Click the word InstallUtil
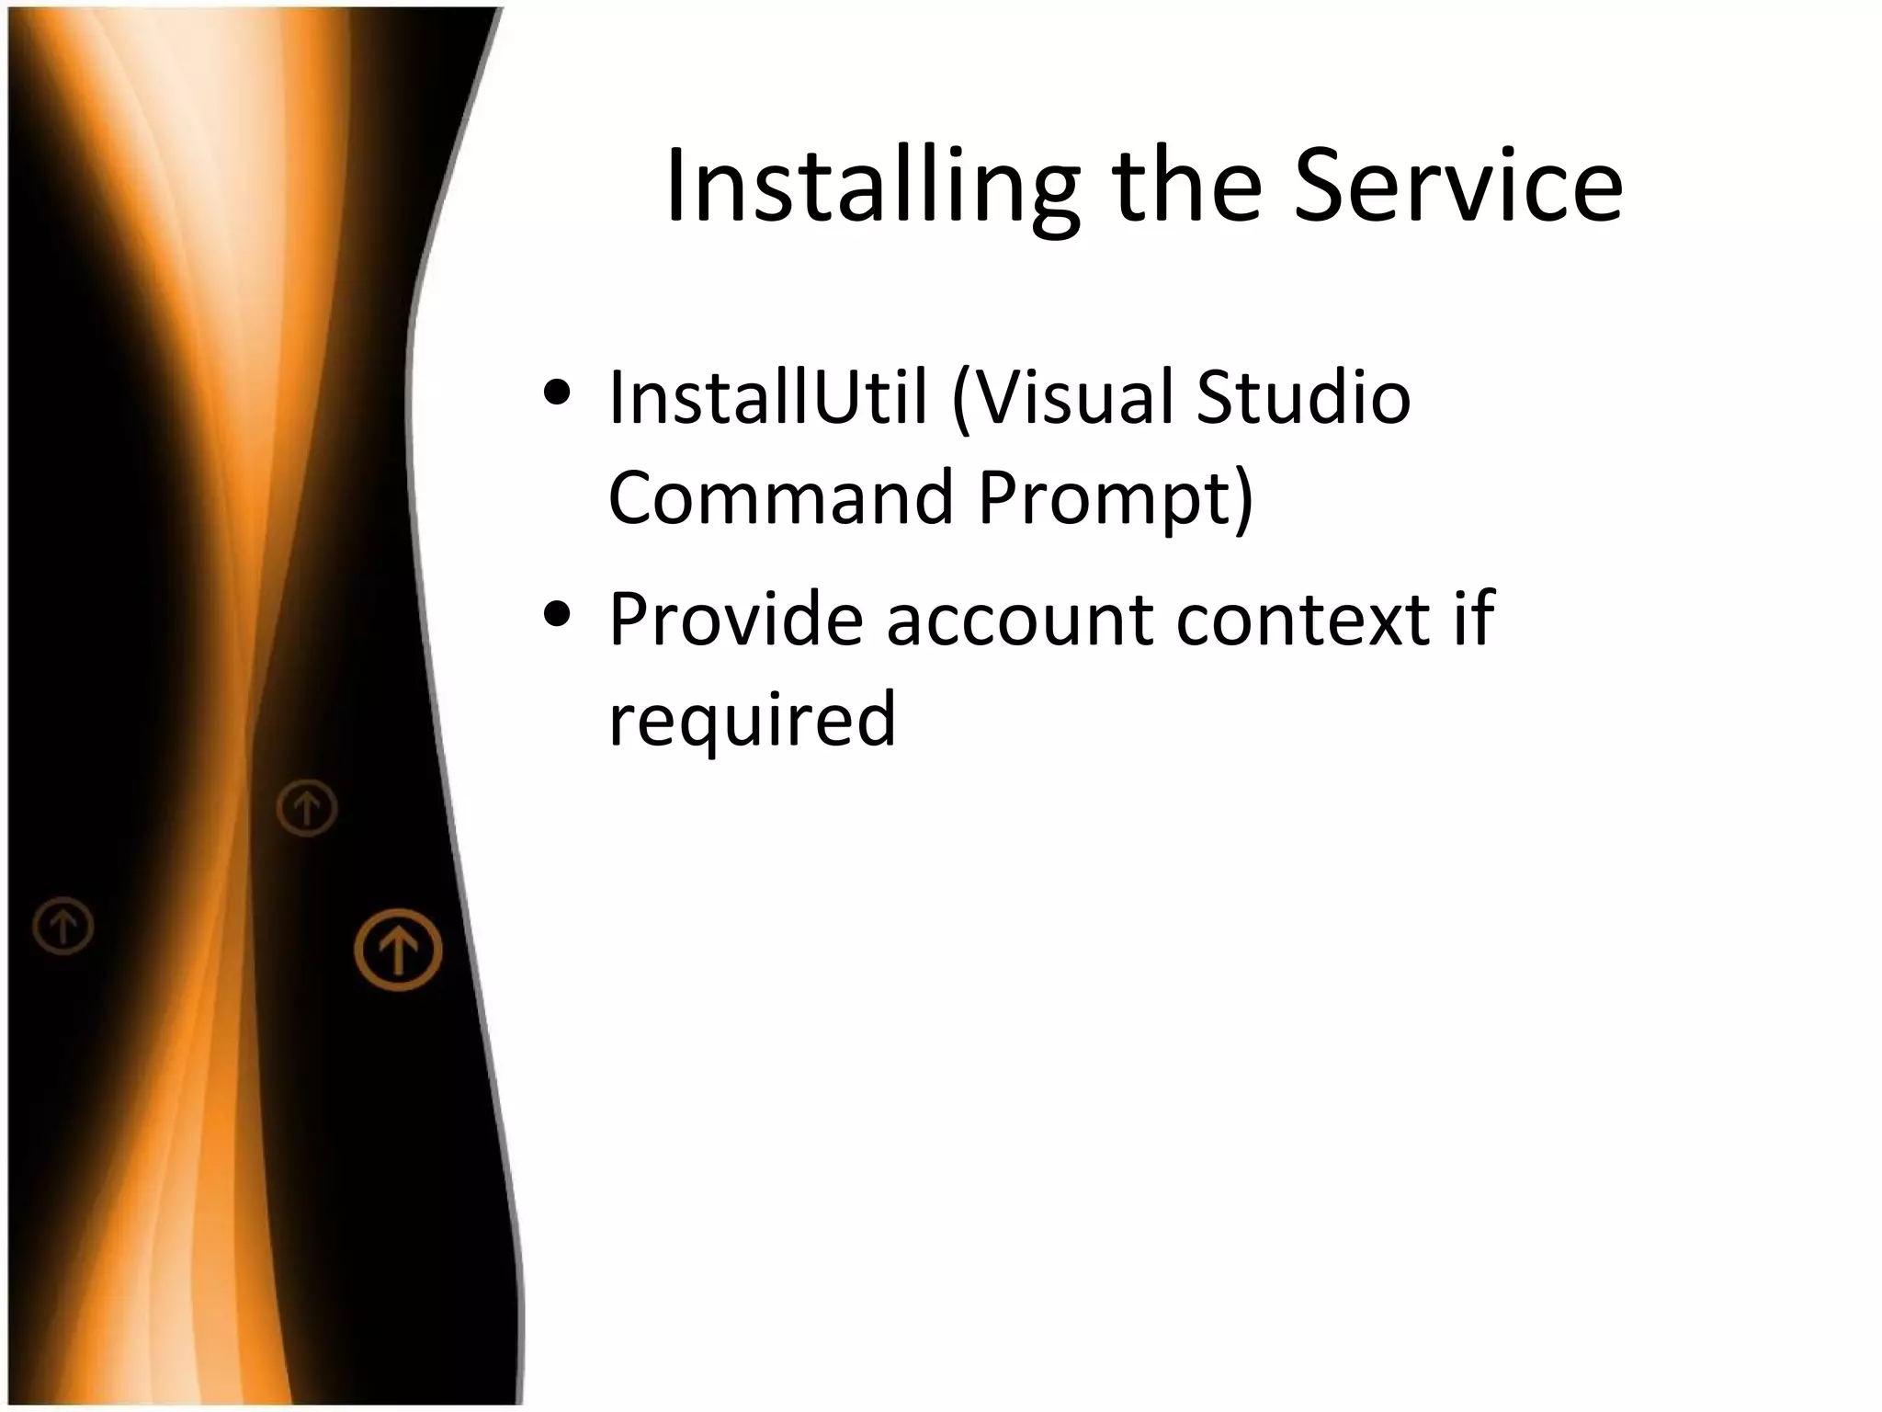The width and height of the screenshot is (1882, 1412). (x=767, y=397)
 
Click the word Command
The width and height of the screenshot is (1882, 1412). (x=781, y=497)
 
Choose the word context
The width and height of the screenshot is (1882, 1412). (x=1302, y=621)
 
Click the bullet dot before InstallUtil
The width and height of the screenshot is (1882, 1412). (x=557, y=393)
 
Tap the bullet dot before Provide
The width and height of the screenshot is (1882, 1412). (x=557, y=614)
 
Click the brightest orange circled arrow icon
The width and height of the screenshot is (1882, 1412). (x=398, y=950)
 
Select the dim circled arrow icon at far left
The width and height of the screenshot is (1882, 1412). (x=63, y=925)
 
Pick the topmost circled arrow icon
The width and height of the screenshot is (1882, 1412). (x=307, y=808)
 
